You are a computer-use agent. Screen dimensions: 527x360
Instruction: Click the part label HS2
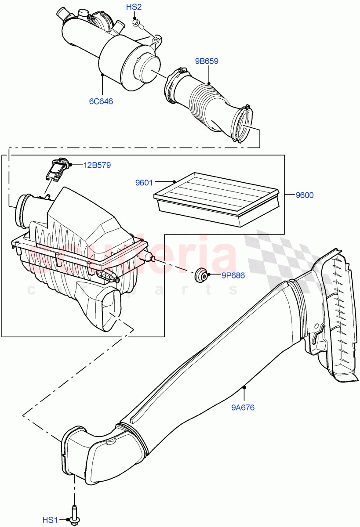[x=134, y=7]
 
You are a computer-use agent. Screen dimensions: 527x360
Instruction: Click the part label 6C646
[x=101, y=101]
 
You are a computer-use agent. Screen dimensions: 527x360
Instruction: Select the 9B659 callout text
[x=206, y=61]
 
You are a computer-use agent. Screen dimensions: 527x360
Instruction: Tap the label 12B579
[x=97, y=165]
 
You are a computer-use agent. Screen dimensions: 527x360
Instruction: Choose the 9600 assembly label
[x=304, y=195]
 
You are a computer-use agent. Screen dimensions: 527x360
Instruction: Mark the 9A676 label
[x=242, y=407]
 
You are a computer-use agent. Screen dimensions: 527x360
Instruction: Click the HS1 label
[x=50, y=520]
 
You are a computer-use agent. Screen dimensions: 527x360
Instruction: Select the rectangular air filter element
[x=215, y=199]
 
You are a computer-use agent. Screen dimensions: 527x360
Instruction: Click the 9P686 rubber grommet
[x=201, y=275]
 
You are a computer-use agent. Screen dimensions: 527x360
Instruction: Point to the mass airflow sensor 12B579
[x=57, y=169]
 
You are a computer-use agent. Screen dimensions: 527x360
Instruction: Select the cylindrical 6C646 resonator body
[x=110, y=53]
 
